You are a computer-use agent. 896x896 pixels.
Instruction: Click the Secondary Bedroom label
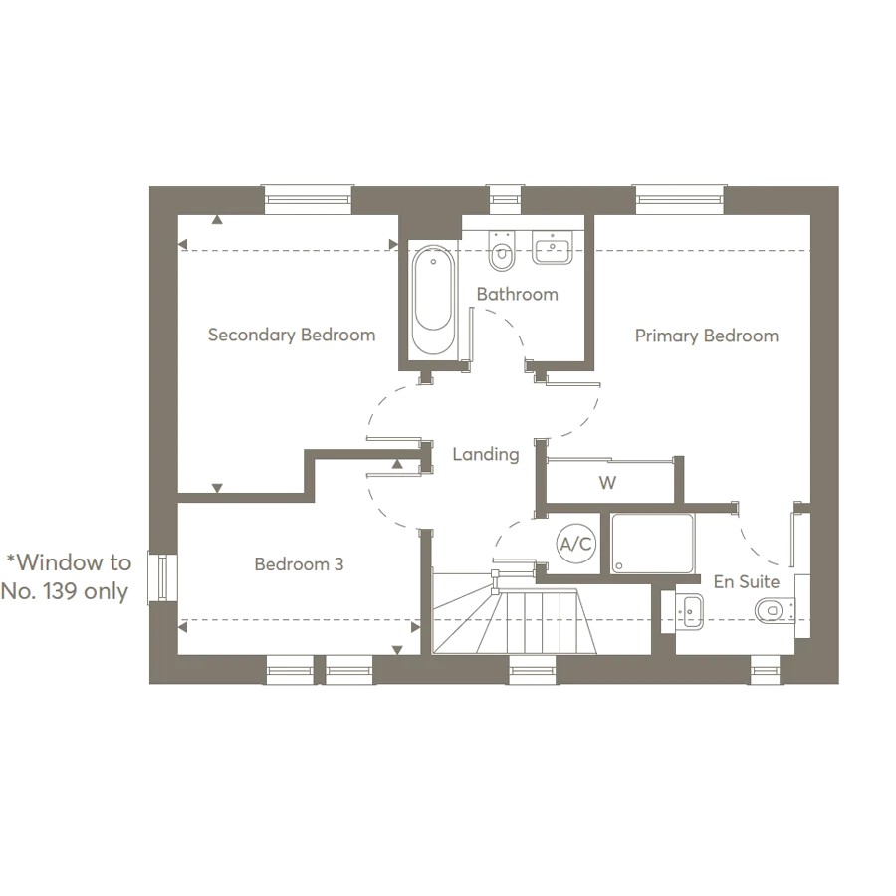coord(291,336)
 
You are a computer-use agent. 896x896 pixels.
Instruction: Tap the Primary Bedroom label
coord(707,336)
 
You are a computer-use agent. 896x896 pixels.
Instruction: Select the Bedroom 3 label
coord(299,564)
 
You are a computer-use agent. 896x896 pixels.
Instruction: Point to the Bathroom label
coord(517,295)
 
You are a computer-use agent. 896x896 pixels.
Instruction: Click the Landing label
coord(486,454)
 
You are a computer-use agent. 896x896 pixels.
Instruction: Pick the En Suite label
coord(745,581)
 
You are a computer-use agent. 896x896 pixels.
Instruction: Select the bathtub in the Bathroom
coord(434,299)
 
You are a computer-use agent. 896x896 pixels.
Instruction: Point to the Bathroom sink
coord(551,247)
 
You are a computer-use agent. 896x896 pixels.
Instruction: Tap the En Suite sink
coord(689,607)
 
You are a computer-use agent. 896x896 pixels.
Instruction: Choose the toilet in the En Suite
coord(775,609)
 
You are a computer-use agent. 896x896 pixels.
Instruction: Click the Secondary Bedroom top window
coord(309,199)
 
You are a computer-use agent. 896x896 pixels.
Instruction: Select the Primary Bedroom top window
coord(679,199)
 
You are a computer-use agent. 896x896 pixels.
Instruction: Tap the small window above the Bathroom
coord(505,199)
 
